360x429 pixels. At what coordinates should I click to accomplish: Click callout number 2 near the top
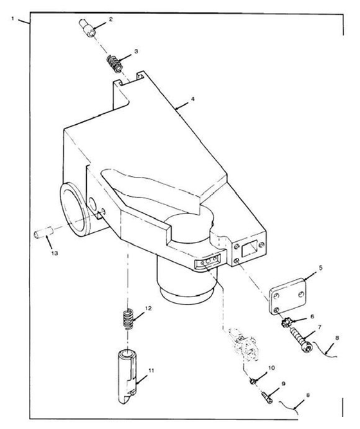[111, 19]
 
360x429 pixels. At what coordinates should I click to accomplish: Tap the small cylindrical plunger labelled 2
[87, 28]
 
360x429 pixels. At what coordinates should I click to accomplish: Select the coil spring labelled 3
[114, 64]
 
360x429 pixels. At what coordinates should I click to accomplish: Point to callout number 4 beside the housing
[193, 99]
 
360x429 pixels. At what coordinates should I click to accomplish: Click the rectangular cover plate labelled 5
[287, 297]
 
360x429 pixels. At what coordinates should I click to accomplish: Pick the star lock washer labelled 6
[286, 324]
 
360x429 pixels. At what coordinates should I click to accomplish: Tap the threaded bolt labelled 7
[300, 339]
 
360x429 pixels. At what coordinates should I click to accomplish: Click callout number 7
[319, 327]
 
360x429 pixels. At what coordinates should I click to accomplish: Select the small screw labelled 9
[267, 397]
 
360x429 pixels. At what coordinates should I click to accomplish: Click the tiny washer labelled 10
[253, 381]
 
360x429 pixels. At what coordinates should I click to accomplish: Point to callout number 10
[271, 368]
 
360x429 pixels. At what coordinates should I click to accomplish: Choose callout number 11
[151, 370]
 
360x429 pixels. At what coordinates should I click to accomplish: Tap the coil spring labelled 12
[128, 319]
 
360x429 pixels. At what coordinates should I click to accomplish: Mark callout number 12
[148, 308]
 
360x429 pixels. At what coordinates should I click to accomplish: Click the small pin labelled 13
[43, 232]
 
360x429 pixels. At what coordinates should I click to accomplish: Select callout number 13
[55, 253]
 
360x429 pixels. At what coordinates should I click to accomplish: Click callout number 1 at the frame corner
[13, 19]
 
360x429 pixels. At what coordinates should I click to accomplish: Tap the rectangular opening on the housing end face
[249, 248]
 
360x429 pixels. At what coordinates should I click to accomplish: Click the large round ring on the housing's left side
[74, 209]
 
